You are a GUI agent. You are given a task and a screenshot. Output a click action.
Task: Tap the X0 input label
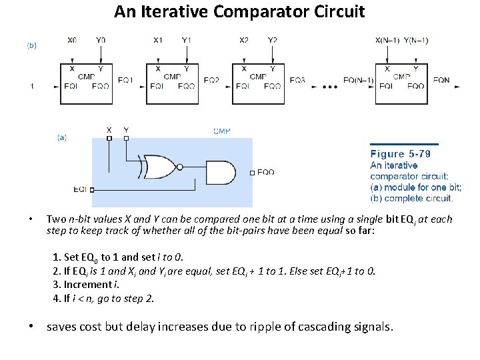coord(72,41)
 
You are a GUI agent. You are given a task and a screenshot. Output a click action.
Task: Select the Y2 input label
coord(272,41)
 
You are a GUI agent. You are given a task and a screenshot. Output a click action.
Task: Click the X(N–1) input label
coord(388,41)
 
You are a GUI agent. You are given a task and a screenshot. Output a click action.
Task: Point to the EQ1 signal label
coord(125,80)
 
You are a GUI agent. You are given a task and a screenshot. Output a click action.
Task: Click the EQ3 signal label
coord(297,80)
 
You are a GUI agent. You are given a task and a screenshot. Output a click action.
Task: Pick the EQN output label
coord(441,80)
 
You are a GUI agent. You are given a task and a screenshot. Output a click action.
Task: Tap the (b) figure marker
coord(31,45)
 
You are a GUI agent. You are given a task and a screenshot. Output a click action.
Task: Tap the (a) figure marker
coord(61,137)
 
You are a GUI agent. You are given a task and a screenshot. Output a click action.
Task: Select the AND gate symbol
coord(221,172)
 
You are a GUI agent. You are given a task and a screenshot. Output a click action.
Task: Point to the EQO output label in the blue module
coord(265,172)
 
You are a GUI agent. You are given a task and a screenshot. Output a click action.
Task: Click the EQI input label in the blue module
coord(80,189)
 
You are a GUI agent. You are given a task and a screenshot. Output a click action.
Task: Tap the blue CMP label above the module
coord(221,131)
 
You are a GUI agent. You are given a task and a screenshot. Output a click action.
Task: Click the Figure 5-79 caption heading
coord(400,154)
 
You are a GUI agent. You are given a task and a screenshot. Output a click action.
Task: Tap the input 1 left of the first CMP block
coord(33,86)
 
